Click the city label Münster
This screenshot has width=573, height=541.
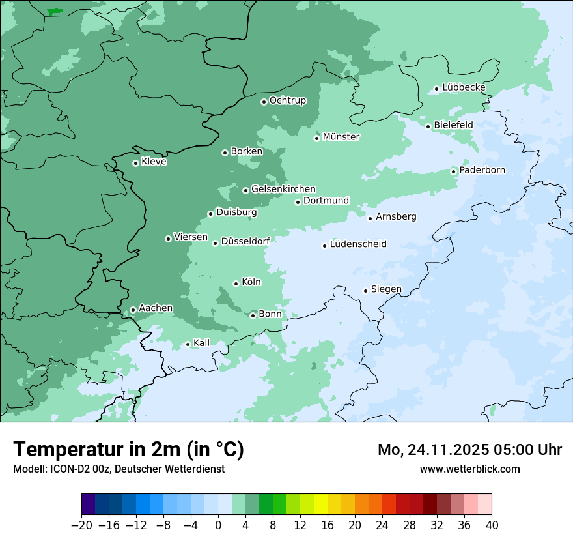[341, 137]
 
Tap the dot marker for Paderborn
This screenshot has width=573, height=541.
[454, 171]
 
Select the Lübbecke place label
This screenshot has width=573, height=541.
[464, 87]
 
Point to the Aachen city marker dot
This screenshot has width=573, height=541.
[133, 310]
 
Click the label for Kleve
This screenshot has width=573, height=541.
[154, 162]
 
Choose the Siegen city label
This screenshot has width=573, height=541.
[386, 289]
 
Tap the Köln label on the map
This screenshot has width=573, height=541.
[251, 282]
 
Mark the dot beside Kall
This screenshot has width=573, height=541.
[188, 344]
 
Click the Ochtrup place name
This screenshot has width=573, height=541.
[287, 100]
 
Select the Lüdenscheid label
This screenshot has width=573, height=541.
[358, 244]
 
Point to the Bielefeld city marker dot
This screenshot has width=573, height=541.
[428, 126]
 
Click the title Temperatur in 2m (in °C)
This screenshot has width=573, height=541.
[128, 450]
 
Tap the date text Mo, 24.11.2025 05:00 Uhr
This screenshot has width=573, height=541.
[469, 450]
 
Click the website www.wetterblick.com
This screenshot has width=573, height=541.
[469, 469]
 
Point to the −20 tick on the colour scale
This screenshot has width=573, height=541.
[82, 525]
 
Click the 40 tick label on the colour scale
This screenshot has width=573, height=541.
[492, 525]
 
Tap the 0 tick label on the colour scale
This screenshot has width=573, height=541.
[218, 525]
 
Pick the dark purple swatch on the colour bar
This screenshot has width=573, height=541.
[89, 504]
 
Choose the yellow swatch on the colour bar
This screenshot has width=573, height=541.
[320, 504]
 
